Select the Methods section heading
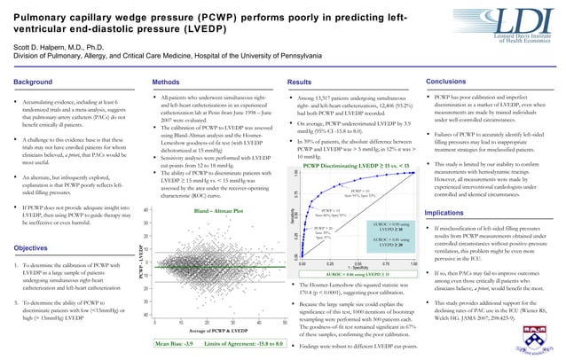[169, 81]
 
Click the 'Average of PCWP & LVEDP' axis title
[217, 330]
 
